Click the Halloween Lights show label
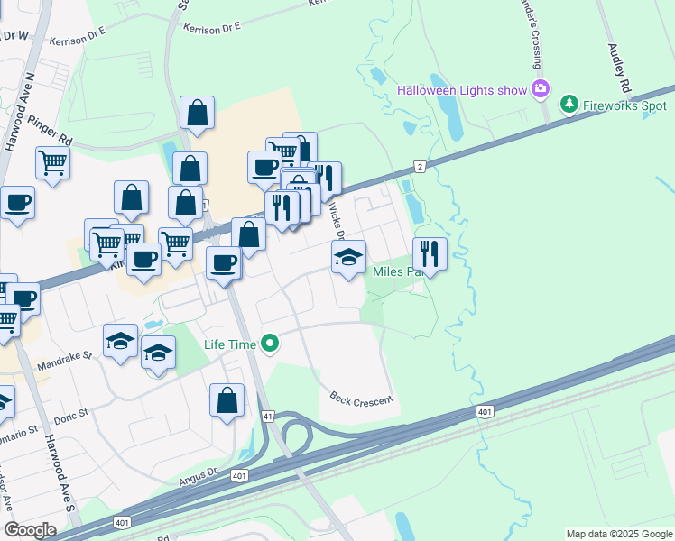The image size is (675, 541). [462, 90]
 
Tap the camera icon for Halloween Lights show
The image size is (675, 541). [541, 88]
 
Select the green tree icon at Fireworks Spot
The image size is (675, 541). [569, 105]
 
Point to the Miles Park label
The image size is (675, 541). [397, 271]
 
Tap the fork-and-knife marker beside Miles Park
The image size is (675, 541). [430, 254]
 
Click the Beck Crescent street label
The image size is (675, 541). [361, 398]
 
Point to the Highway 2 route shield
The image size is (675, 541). [420, 167]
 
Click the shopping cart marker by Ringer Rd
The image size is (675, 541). [52, 163]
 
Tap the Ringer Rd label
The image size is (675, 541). [49, 130]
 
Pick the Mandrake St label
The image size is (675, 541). [64, 362]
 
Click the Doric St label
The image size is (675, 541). [69, 414]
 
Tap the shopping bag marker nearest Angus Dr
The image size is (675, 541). [227, 400]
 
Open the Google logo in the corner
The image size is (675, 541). [30, 530]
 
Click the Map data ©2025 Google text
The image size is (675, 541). [618, 534]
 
